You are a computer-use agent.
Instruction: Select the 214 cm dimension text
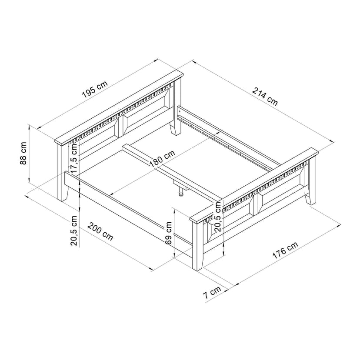[265, 96]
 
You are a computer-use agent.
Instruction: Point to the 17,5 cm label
[74, 158]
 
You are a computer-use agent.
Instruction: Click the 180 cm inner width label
[162, 158]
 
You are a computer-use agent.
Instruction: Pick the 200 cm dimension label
[100, 231]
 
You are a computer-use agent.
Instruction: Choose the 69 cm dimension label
[169, 233]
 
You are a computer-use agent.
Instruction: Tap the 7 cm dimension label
[212, 292]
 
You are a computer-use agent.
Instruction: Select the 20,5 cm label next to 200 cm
[74, 231]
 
